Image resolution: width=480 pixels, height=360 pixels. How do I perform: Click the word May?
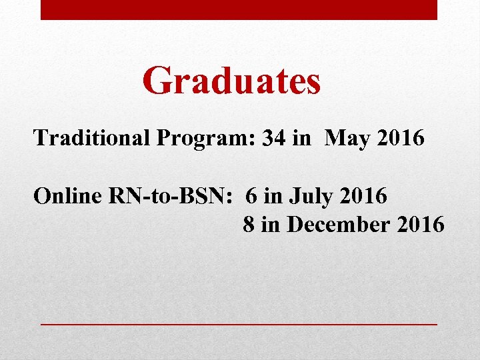click(346, 138)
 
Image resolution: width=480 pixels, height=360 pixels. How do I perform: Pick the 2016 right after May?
click(399, 138)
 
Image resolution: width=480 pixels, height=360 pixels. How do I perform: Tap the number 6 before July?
click(251, 196)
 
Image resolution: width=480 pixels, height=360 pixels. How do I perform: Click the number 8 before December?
click(249, 225)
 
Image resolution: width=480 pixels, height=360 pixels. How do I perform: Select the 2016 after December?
click(420, 225)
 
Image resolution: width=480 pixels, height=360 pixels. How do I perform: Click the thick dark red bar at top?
click(239, 9)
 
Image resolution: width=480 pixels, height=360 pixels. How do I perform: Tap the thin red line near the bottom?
click(239, 323)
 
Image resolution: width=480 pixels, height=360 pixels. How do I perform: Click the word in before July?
click(272, 196)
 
